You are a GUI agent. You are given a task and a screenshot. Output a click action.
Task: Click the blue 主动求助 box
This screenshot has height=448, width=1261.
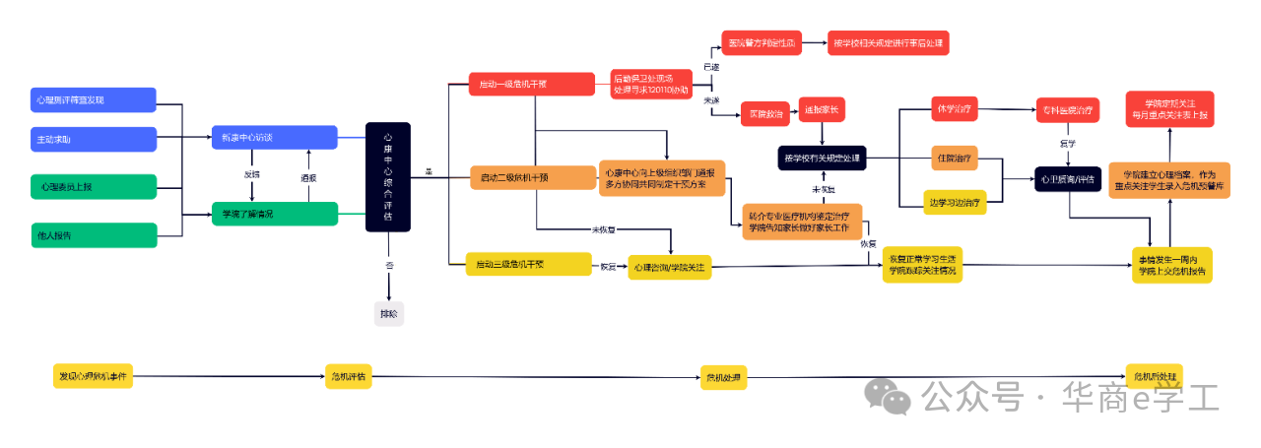click(94, 139)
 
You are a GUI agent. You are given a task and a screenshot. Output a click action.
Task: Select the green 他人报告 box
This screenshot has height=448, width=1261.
click(94, 235)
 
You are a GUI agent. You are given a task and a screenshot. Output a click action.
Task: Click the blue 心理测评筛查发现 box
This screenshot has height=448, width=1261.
click(94, 99)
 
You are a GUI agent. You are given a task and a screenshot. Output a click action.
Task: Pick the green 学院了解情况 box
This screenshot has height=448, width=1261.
click(274, 214)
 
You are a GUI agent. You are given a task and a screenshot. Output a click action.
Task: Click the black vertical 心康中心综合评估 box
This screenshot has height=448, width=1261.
click(387, 177)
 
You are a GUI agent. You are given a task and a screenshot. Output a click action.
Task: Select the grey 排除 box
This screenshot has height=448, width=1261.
click(389, 314)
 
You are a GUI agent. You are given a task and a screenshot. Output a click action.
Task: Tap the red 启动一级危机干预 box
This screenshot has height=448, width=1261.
click(531, 84)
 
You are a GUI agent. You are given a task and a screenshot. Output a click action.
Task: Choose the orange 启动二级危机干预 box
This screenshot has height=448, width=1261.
click(531, 177)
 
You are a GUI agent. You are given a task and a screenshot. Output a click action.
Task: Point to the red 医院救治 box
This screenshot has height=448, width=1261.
click(765, 115)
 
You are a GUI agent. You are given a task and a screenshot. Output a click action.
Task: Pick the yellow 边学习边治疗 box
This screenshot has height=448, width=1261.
click(955, 203)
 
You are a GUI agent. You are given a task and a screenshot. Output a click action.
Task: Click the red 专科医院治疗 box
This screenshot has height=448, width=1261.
click(1067, 110)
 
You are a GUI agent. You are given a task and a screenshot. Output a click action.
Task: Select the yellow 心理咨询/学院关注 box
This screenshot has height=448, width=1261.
click(670, 267)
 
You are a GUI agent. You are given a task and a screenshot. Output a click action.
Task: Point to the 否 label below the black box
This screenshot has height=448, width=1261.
click(388, 266)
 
